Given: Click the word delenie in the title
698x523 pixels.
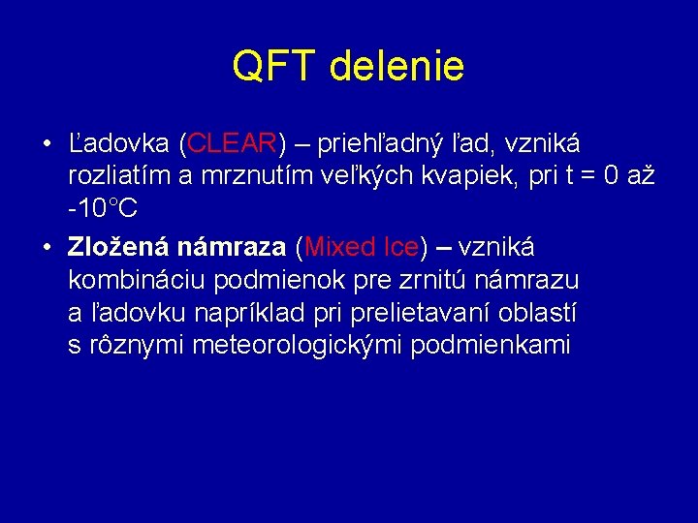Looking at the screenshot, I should tap(397, 67).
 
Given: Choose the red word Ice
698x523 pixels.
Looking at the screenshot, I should tap(400, 246).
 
